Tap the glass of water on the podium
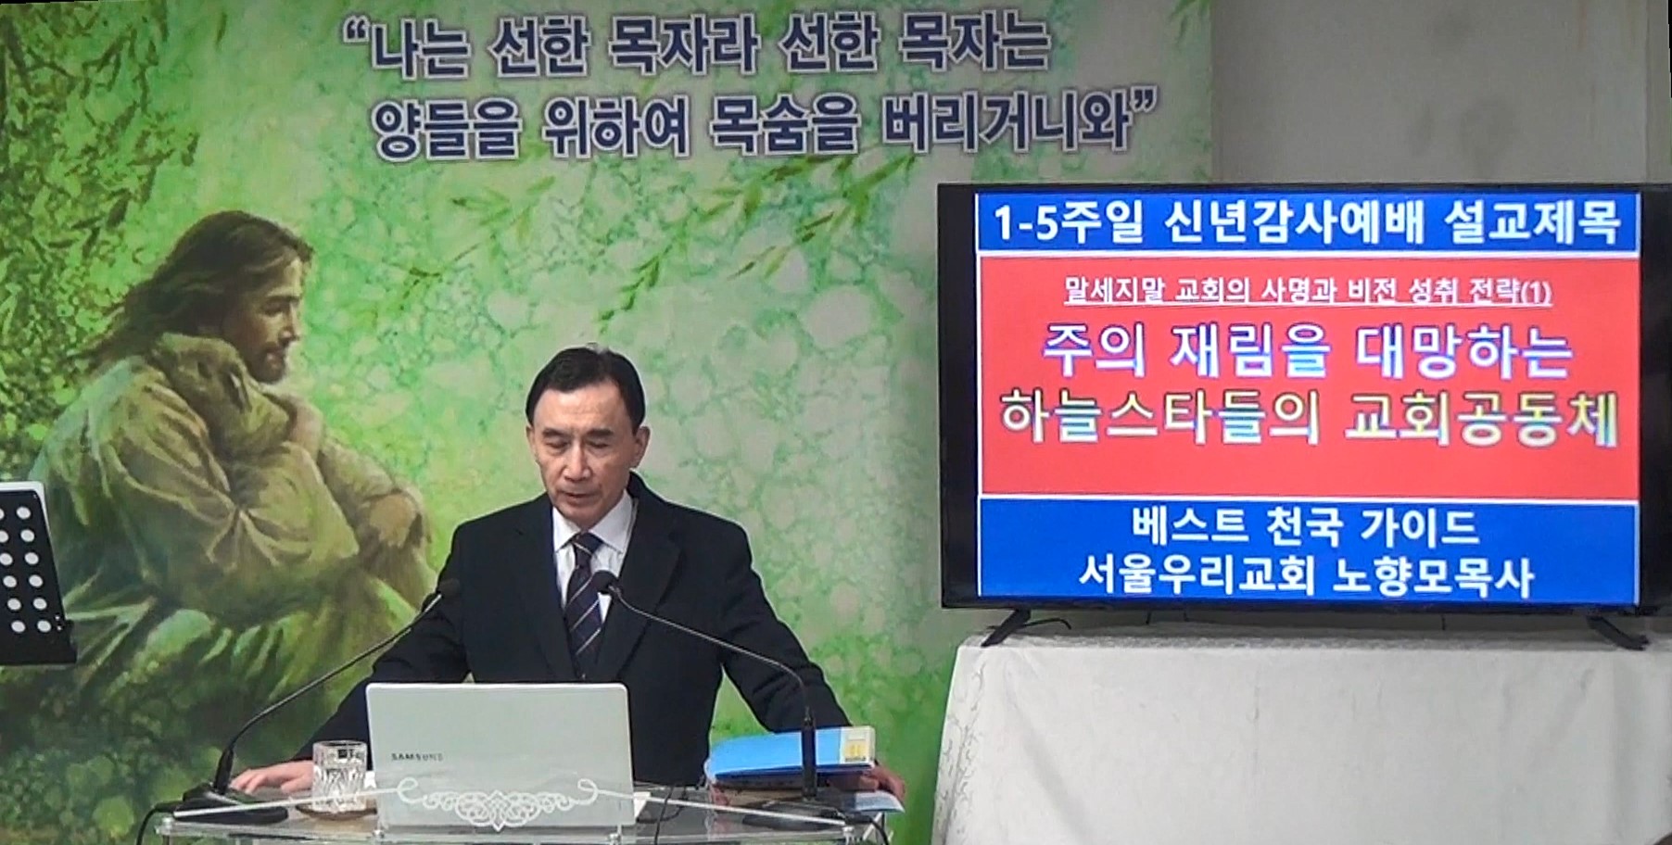point(338,776)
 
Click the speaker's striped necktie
point(584,603)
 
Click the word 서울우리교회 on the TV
point(1197,577)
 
